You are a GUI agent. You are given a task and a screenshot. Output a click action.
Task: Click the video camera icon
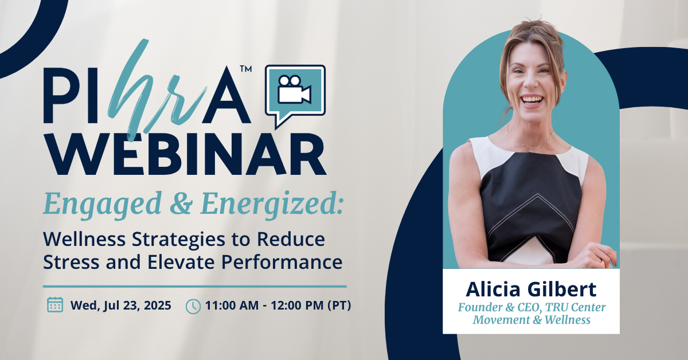pyautogui.click(x=294, y=89)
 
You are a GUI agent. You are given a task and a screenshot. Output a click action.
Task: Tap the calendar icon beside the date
pyautogui.click(x=55, y=305)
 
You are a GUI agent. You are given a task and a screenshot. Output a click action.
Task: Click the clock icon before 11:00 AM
pyautogui.click(x=193, y=306)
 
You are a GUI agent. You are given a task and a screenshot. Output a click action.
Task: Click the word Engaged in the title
pyautogui.click(x=103, y=204)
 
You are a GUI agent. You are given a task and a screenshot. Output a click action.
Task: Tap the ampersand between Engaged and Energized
pyautogui.click(x=181, y=204)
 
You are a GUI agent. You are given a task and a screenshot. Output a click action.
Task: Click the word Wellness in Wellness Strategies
pyautogui.click(x=84, y=239)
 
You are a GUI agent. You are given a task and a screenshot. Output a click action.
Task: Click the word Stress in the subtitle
pyautogui.click(x=71, y=262)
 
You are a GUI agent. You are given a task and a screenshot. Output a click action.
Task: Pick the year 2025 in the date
pyautogui.click(x=158, y=306)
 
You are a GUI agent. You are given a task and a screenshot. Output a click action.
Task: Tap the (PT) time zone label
pyautogui.click(x=339, y=306)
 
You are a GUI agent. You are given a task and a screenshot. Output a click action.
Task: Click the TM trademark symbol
pyautogui.click(x=246, y=68)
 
